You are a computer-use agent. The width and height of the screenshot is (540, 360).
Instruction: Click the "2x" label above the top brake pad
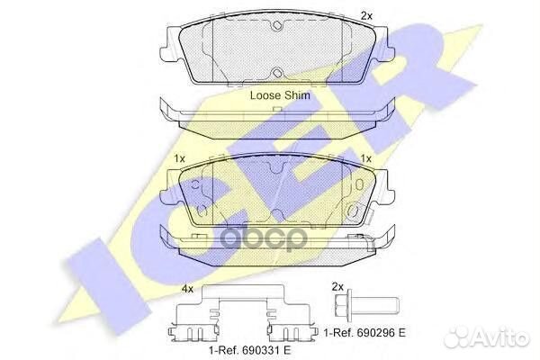(365, 15)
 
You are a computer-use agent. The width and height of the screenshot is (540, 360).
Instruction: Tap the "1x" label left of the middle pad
(180, 159)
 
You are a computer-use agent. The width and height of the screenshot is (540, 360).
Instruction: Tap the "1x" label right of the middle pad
(365, 159)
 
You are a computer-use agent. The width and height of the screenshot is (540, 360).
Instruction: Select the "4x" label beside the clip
(187, 290)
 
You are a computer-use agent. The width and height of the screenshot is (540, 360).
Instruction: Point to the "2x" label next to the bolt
(337, 286)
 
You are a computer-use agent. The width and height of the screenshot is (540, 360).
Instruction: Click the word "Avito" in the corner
(511, 336)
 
